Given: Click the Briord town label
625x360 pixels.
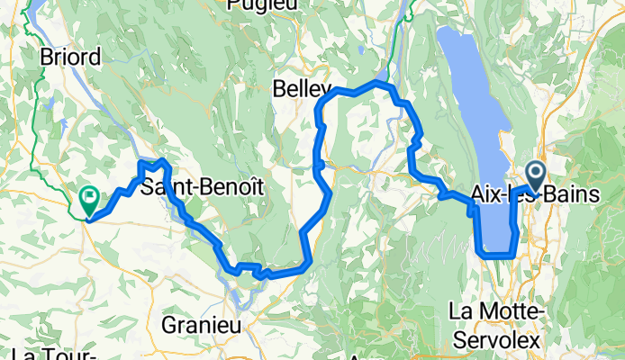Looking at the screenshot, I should [71, 56].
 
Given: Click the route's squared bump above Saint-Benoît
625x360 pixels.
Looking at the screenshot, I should [150, 163].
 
